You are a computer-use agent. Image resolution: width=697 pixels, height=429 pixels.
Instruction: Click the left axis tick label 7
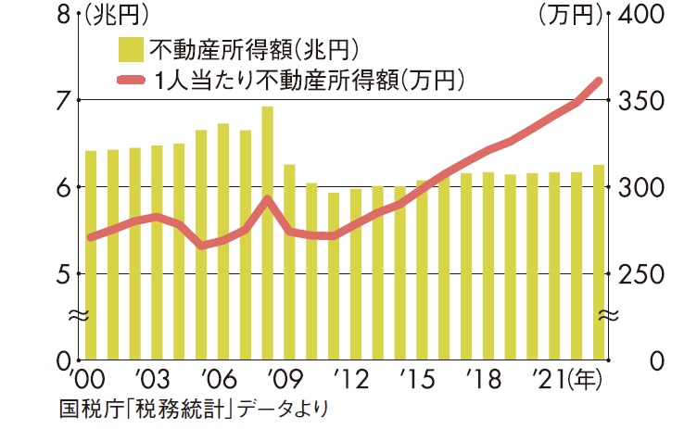click(x=63, y=100)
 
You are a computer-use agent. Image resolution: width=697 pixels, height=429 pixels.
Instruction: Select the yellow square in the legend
click(x=130, y=48)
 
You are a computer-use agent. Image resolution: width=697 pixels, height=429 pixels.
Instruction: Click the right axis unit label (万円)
click(x=569, y=16)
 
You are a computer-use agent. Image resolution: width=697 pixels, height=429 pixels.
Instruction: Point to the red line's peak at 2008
click(x=267, y=199)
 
